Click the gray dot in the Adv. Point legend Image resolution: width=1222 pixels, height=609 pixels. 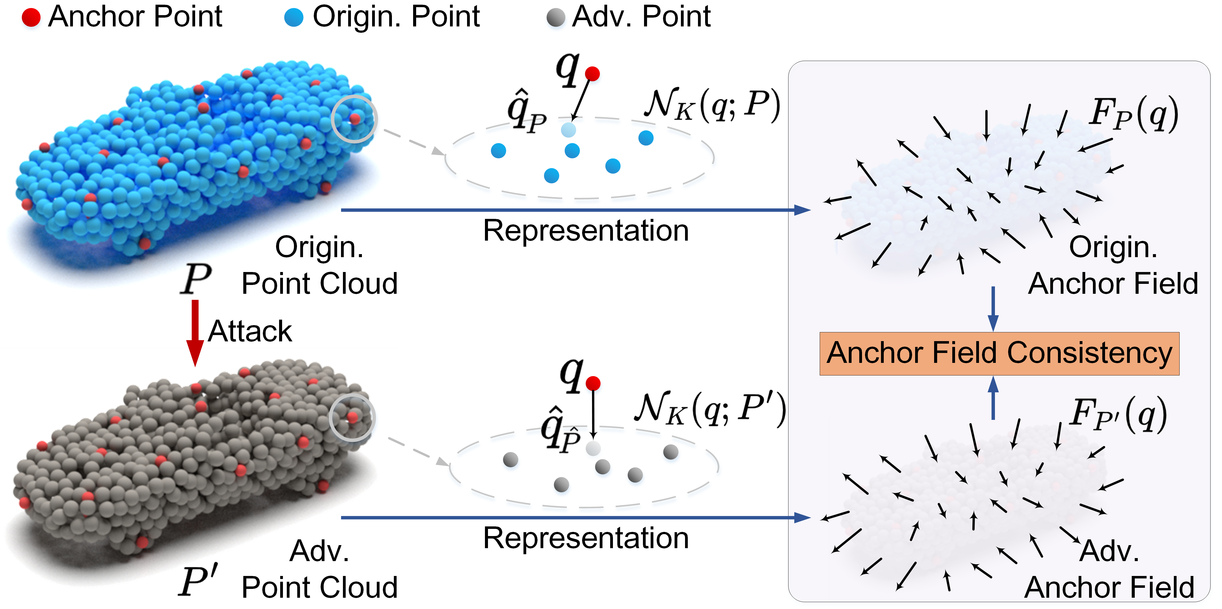[x=555, y=18]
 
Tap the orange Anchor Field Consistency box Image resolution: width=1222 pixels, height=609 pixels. [x=999, y=354]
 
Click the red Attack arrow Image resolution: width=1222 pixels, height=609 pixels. [x=195, y=332]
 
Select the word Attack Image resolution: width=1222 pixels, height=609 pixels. [x=250, y=331]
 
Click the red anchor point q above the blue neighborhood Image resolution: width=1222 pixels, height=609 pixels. [x=592, y=74]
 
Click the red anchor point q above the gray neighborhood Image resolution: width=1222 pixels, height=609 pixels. [x=593, y=383]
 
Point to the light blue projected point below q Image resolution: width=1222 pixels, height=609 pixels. [x=568, y=130]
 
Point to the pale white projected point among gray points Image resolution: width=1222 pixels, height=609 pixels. [x=593, y=448]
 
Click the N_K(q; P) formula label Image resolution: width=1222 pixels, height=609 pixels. [x=711, y=105]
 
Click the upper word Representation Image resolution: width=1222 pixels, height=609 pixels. [x=586, y=231]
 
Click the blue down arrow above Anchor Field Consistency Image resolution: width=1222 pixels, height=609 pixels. [x=993, y=309]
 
